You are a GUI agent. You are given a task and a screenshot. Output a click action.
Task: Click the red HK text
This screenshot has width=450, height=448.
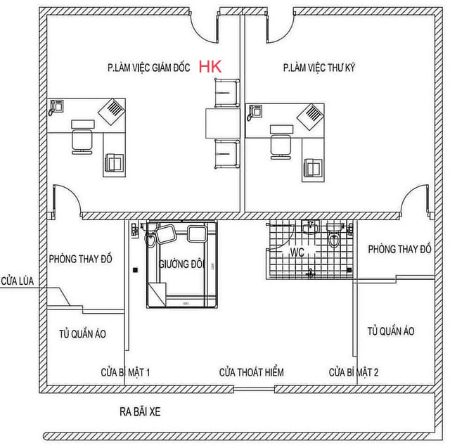click(x=210, y=67)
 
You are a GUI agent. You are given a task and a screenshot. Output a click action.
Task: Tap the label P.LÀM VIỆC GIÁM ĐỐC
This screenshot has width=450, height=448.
click(x=148, y=68)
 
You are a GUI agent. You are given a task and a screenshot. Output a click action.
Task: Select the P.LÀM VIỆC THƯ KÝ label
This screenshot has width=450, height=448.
click(x=319, y=68)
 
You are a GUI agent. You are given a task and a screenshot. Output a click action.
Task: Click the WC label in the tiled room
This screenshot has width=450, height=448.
click(x=297, y=252)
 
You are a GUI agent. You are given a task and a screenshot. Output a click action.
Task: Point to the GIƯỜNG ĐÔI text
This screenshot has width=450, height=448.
click(x=181, y=264)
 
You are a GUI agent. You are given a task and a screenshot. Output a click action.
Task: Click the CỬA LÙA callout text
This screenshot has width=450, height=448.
click(x=17, y=281)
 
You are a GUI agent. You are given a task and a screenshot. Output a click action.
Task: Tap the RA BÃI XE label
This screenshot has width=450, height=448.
click(x=140, y=412)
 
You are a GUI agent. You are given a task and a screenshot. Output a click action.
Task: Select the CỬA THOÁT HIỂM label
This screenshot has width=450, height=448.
click(x=252, y=372)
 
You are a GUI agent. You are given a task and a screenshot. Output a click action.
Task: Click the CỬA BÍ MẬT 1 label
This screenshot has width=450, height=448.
click(x=125, y=372)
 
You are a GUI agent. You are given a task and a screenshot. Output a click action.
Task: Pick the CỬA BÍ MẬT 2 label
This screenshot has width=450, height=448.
click(x=354, y=372)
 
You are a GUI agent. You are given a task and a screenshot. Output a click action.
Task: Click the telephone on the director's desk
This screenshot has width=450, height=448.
click(x=56, y=108)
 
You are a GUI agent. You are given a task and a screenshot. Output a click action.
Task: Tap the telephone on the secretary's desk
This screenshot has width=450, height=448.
click(x=255, y=113)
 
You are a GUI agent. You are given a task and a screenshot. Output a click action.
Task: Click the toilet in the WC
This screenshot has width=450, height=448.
click(x=334, y=236)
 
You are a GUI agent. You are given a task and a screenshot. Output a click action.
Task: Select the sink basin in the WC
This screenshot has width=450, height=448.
click(x=310, y=228)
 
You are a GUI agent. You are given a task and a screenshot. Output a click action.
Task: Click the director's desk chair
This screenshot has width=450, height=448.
click(x=82, y=141)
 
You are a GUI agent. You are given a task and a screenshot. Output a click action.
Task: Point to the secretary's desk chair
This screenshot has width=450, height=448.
click(x=281, y=147)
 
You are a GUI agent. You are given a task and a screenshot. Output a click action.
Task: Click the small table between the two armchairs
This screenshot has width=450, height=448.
click(x=223, y=123)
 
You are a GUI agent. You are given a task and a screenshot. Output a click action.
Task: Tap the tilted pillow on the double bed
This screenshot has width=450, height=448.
click(x=166, y=234)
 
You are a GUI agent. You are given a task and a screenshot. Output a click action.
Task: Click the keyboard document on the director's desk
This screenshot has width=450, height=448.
click(x=112, y=112)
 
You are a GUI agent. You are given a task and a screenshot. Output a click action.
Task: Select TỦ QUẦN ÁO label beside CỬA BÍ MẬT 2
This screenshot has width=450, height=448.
click(x=391, y=331)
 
